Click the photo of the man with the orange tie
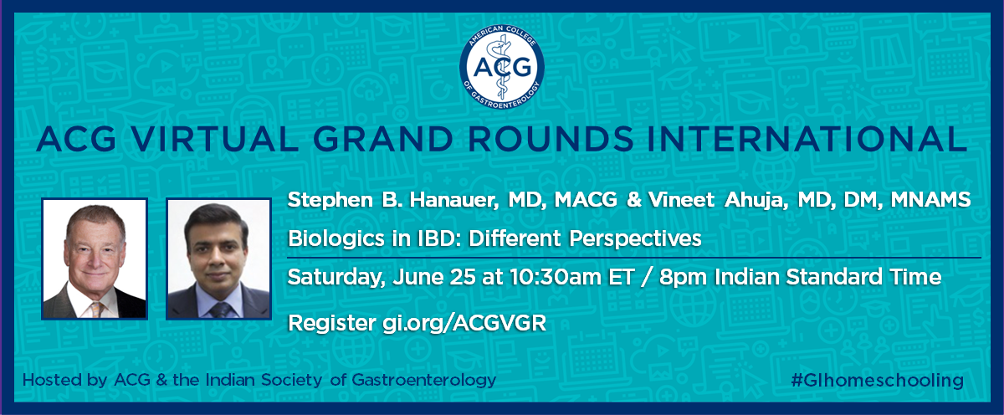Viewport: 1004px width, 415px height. pyautogui.click(x=95, y=258)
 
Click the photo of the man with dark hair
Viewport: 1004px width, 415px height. pyautogui.click(x=218, y=258)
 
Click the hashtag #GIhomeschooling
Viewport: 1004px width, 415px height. pyautogui.click(x=877, y=380)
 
